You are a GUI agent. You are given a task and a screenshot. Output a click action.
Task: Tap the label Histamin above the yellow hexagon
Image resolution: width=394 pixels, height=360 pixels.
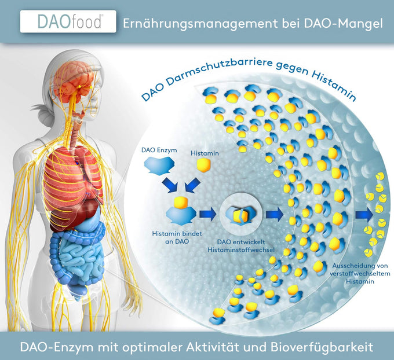pos(203,153)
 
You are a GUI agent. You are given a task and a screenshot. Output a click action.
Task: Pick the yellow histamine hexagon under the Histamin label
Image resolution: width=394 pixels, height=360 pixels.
pos(204,166)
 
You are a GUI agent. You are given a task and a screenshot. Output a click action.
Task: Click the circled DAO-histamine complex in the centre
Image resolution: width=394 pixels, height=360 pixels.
pos(240,215)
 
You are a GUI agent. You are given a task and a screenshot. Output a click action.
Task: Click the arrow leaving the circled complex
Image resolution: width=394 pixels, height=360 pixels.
pos(274,214)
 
